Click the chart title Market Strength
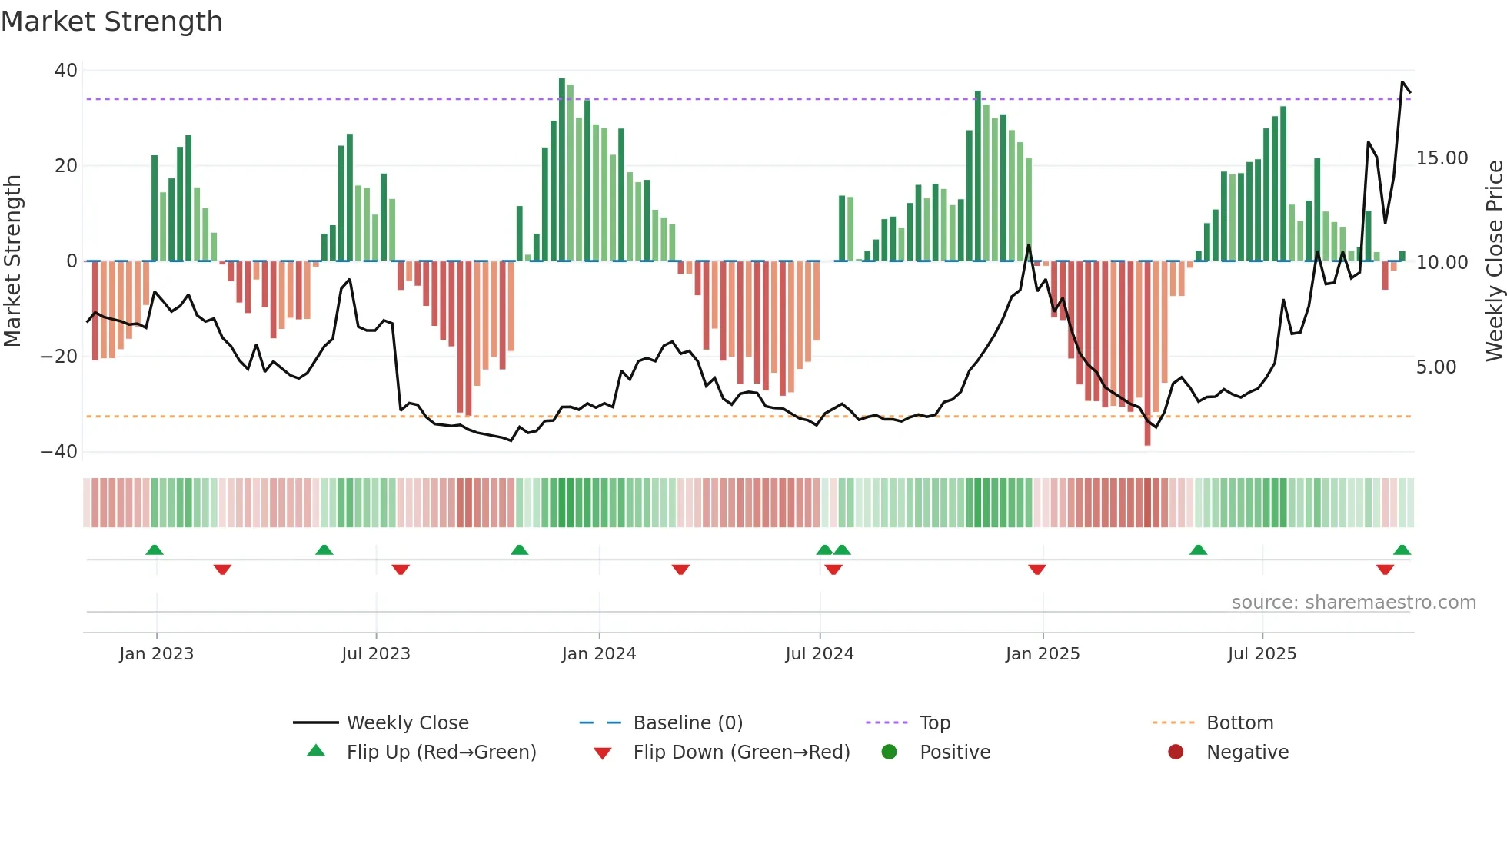coord(111,22)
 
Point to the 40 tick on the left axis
coord(66,71)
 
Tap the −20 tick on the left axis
coord(59,357)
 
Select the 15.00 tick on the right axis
coord(1442,158)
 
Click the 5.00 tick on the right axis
coord(1435,367)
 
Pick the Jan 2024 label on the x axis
coord(599,654)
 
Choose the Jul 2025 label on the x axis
coord(1262,654)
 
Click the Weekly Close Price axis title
coord(1494,261)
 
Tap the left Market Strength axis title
coord(13,261)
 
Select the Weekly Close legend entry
coord(407,723)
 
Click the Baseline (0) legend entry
coord(687,723)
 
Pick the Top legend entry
coord(934,723)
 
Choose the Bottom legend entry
coord(1239,723)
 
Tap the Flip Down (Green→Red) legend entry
coord(740,752)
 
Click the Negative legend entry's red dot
coord(1176,752)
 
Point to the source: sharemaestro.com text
coord(1353,603)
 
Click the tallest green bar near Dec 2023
coord(562,169)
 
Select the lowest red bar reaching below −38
coord(1147,354)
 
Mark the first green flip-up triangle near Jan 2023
coord(155,550)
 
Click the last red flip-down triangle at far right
coord(1385,570)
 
